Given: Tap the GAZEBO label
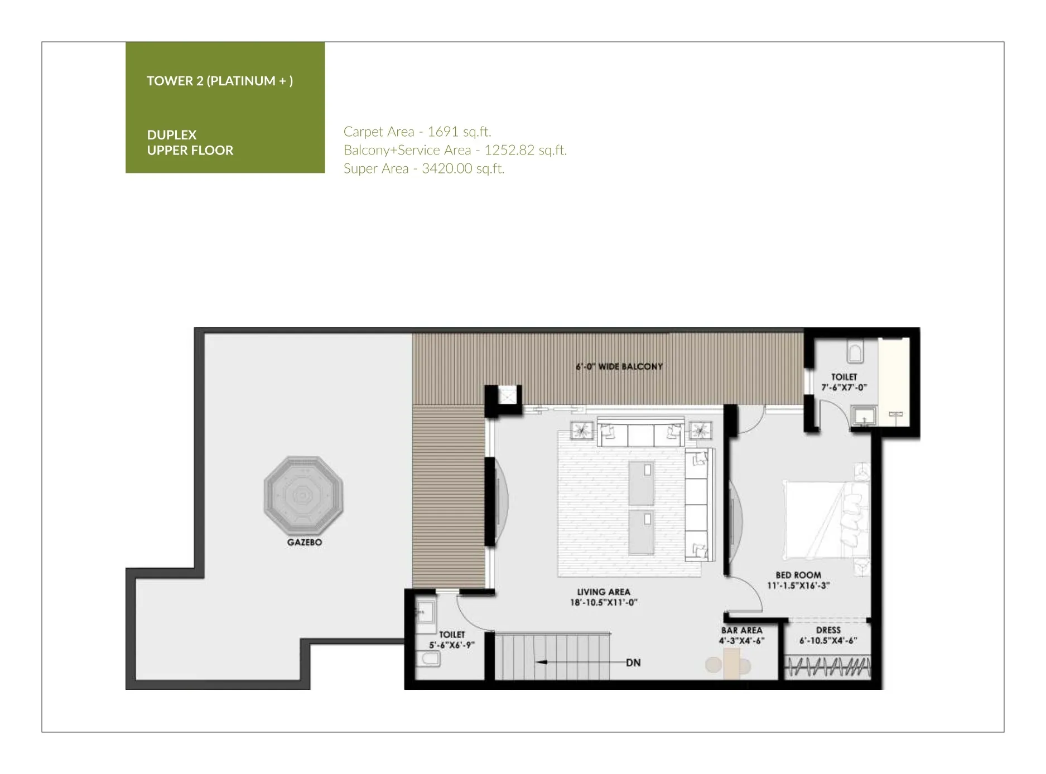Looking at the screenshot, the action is pyautogui.click(x=305, y=543).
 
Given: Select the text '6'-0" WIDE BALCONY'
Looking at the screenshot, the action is pyautogui.click(x=619, y=367).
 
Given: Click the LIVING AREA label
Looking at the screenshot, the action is pyautogui.click(x=604, y=592).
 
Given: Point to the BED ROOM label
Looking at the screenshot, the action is pyautogui.click(x=798, y=575).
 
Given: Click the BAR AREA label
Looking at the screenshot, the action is pyautogui.click(x=741, y=630).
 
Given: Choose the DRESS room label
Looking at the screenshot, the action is pyautogui.click(x=828, y=630).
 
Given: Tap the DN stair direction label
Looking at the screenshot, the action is pyautogui.click(x=633, y=663).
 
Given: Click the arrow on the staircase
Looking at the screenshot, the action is pyautogui.click(x=580, y=662).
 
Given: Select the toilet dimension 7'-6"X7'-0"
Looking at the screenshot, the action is pyautogui.click(x=843, y=388).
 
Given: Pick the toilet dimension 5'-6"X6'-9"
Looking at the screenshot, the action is pyautogui.click(x=451, y=645).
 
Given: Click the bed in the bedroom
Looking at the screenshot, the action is pyautogui.click(x=826, y=520).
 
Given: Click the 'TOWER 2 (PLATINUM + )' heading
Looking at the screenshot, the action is pyautogui.click(x=220, y=81).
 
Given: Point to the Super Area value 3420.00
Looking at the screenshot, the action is pyautogui.click(x=439, y=168).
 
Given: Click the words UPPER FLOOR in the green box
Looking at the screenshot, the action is pyautogui.click(x=190, y=150).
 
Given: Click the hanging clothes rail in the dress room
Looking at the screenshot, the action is pyautogui.click(x=828, y=666).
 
